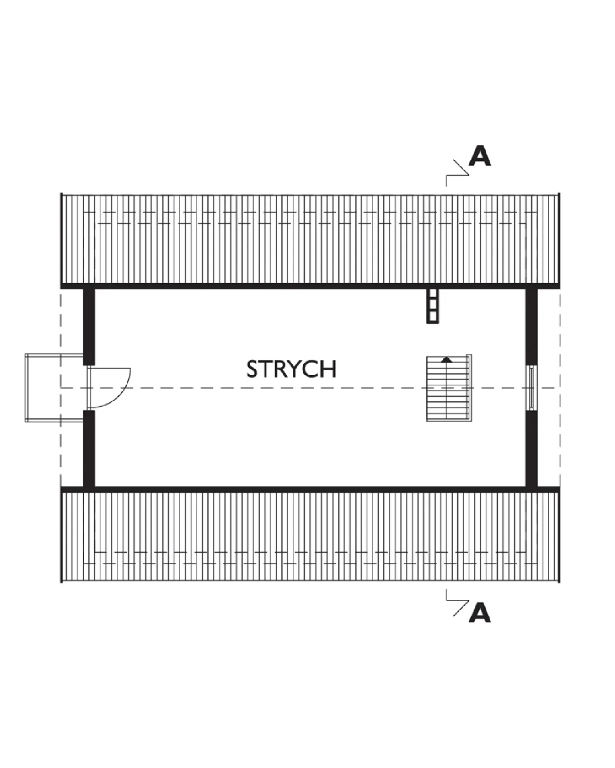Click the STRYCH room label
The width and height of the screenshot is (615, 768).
[291, 369]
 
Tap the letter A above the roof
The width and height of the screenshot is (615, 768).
[480, 155]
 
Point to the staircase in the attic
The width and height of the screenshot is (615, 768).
[448, 388]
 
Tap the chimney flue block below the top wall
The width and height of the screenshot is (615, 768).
[432, 305]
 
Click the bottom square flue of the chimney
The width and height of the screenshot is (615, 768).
[432, 316]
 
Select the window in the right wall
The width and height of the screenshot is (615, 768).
[531, 388]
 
